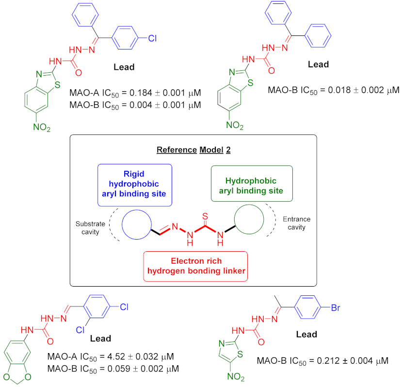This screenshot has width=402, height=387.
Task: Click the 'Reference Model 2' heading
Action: [x=193, y=149]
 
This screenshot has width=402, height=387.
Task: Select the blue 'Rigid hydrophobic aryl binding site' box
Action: [x=134, y=182]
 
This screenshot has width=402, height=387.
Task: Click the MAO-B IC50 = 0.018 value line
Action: [x=333, y=90]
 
